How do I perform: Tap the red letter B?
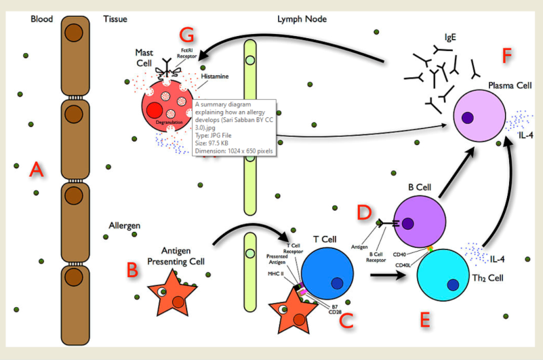pos(132,269)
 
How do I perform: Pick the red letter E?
pos(425,319)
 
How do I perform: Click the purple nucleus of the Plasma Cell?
pos(467,118)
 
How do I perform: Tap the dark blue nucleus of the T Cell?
pos(337,283)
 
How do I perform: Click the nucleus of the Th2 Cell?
pos(454,285)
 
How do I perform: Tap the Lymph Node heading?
pos(302,19)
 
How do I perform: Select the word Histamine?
pos(214,77)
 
